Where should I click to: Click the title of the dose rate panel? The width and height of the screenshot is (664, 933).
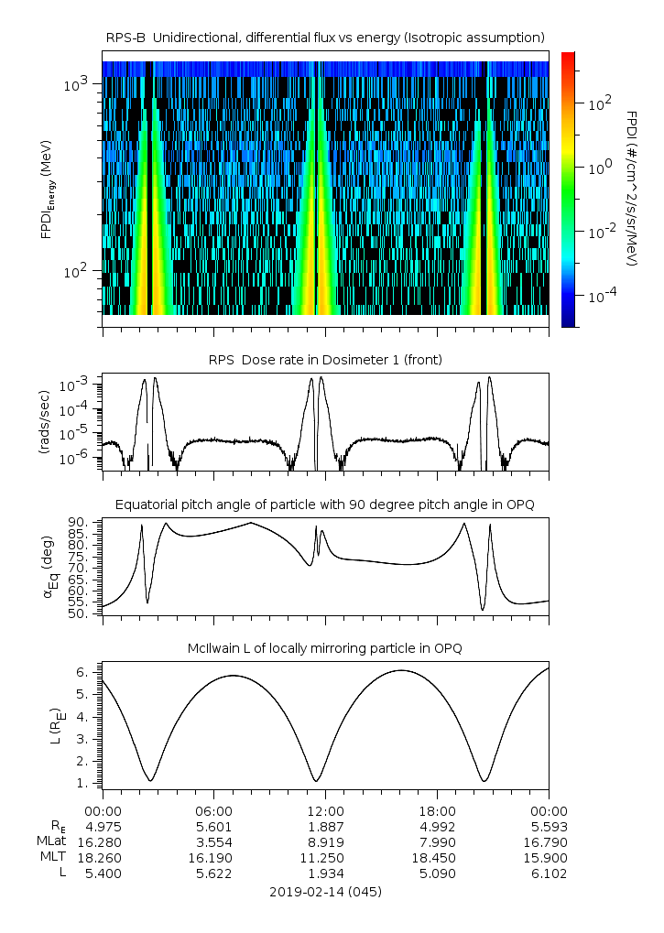click(x=325, y=360)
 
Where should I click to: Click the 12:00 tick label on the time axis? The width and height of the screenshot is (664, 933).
click(x=325, y=810)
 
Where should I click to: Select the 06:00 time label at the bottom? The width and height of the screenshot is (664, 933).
click(x=213, y=810)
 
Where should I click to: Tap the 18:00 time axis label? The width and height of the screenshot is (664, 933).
click(x=437, y=810)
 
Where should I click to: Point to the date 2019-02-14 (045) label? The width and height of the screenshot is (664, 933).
click(x=325, y=891)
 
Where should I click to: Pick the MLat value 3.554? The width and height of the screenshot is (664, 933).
click(x=213, y=841)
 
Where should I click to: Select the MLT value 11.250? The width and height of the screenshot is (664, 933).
click(x=325, y=858)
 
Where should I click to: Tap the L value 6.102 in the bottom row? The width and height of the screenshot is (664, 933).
click(x=549, y=873)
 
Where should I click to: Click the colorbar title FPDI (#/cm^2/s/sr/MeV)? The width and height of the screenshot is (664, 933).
click(x=631, y=188)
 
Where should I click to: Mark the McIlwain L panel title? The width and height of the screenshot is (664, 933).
click(x=325, y=648)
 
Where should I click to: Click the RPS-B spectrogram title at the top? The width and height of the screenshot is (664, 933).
click(x=325, y=37)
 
